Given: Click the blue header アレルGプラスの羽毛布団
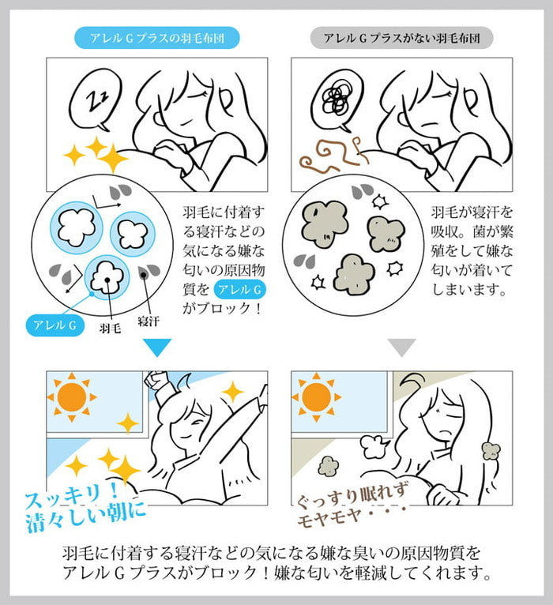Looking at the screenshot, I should [156, 37].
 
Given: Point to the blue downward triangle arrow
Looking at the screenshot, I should [156, 347].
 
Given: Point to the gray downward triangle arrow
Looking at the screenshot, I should [402, 347].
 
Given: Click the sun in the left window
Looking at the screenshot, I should [73, 396].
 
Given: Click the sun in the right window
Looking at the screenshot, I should [316, 396].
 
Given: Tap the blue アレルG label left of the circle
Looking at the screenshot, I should [56, 324].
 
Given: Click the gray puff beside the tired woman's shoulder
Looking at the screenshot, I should [491, 452].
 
